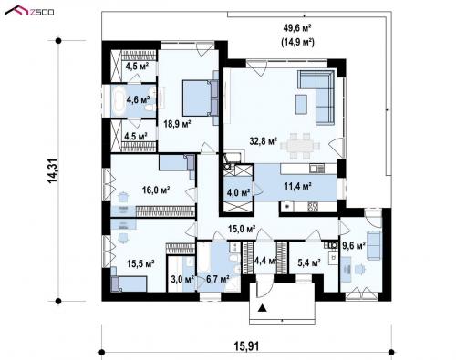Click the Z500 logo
pos(29,11)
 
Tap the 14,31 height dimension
pos(53,171)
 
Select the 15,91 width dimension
pos(246,345)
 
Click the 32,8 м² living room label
pos(264,141)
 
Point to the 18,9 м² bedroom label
pos(177,124)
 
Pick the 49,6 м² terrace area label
pos(297,28)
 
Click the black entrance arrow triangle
pos(262,308)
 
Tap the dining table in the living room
pos(300,146)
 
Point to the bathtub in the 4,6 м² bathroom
pos(119,99)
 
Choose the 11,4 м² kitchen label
pos(297,186)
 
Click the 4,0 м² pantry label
pos(239,192)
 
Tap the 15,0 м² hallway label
pos(242,229)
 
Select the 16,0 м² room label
pos(156,190)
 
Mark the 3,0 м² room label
pos(182,279)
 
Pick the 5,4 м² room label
pos(309,262)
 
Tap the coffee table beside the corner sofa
pos(301,104)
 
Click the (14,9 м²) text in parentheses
pos(297,42)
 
